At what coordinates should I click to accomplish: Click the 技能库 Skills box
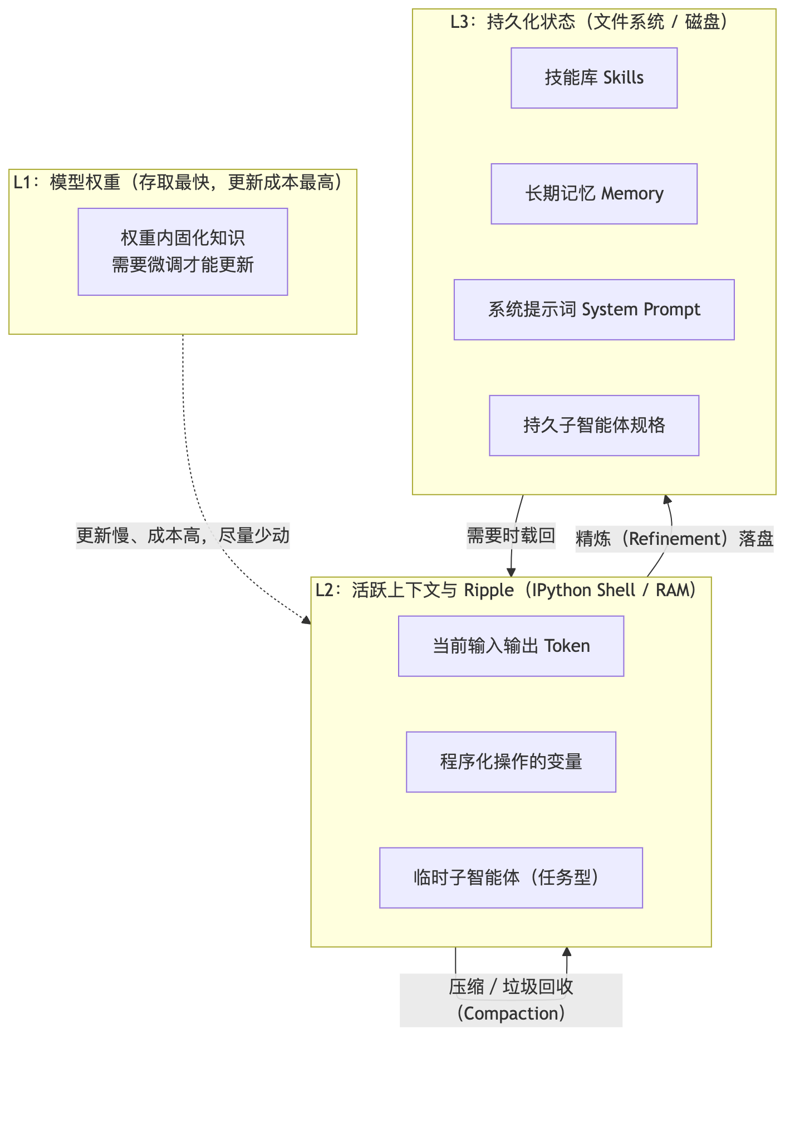click(x=594, y=78)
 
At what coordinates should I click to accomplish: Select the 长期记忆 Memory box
click(x=594, y=194)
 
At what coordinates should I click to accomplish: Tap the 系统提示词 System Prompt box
click(x=594, y=310)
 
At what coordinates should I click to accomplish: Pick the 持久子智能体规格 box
click(x=594, y=426)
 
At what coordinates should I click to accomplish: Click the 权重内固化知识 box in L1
click(x=183, y=252)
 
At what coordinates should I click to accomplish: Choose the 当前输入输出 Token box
click(x=511, y=646)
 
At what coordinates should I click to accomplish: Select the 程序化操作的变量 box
click(x=511, y=762)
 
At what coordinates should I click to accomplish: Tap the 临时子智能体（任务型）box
click(x=511, y=878)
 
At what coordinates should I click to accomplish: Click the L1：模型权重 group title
click(x=178, y=182)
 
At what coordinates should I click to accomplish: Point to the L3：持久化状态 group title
click(x=590, y=22)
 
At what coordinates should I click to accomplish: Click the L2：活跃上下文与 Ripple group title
click(x=506, y=590)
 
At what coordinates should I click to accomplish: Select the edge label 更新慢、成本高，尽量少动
click(x=183, y=536)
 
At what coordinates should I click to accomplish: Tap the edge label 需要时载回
click(x=511, y=536)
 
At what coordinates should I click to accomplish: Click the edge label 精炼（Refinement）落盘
click(x=675, y=539)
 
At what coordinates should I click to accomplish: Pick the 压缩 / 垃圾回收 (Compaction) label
click(x=511, y=1001)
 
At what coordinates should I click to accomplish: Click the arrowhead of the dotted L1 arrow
click(x=307, y=621)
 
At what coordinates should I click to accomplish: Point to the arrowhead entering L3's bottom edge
click(x=667, y=499)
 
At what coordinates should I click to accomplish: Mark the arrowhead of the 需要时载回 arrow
click(x=511, y=573)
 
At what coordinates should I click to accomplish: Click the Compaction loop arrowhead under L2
click(x=567, y=952)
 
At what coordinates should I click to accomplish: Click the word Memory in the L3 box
click(x=632, y=194)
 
